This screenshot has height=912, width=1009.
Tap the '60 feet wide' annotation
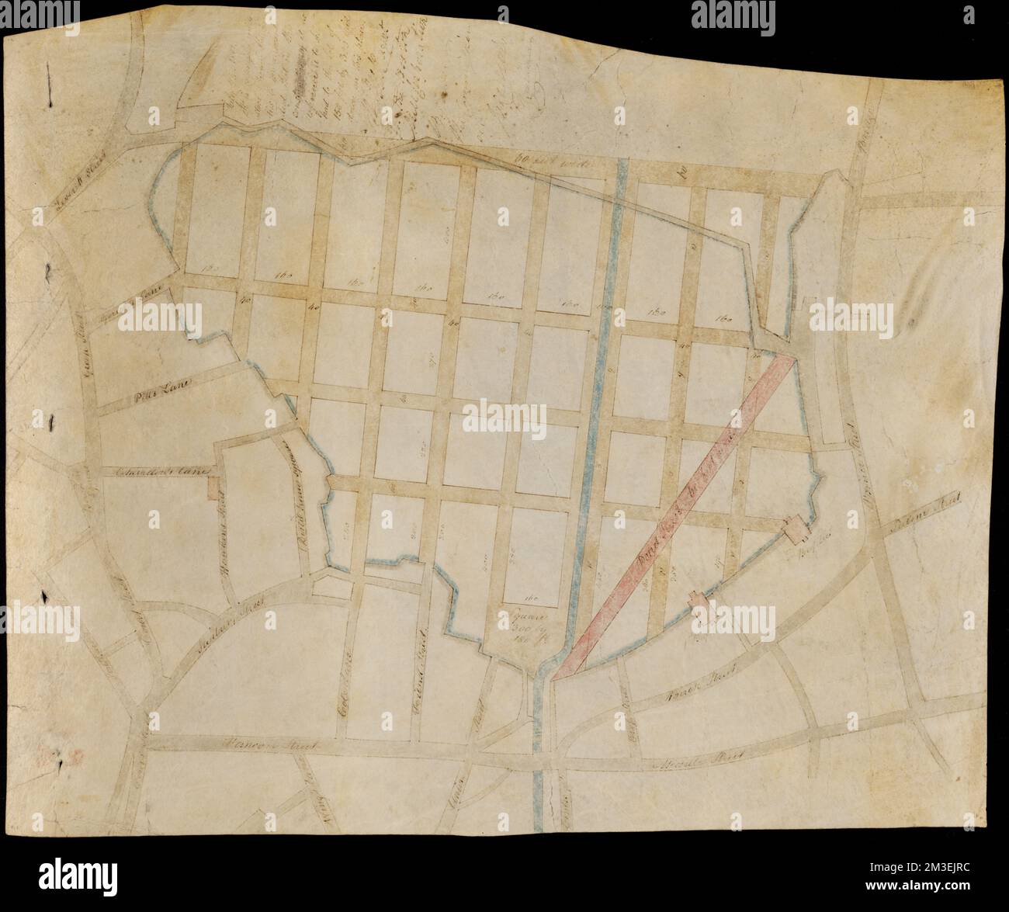click(x=543, y=163)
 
